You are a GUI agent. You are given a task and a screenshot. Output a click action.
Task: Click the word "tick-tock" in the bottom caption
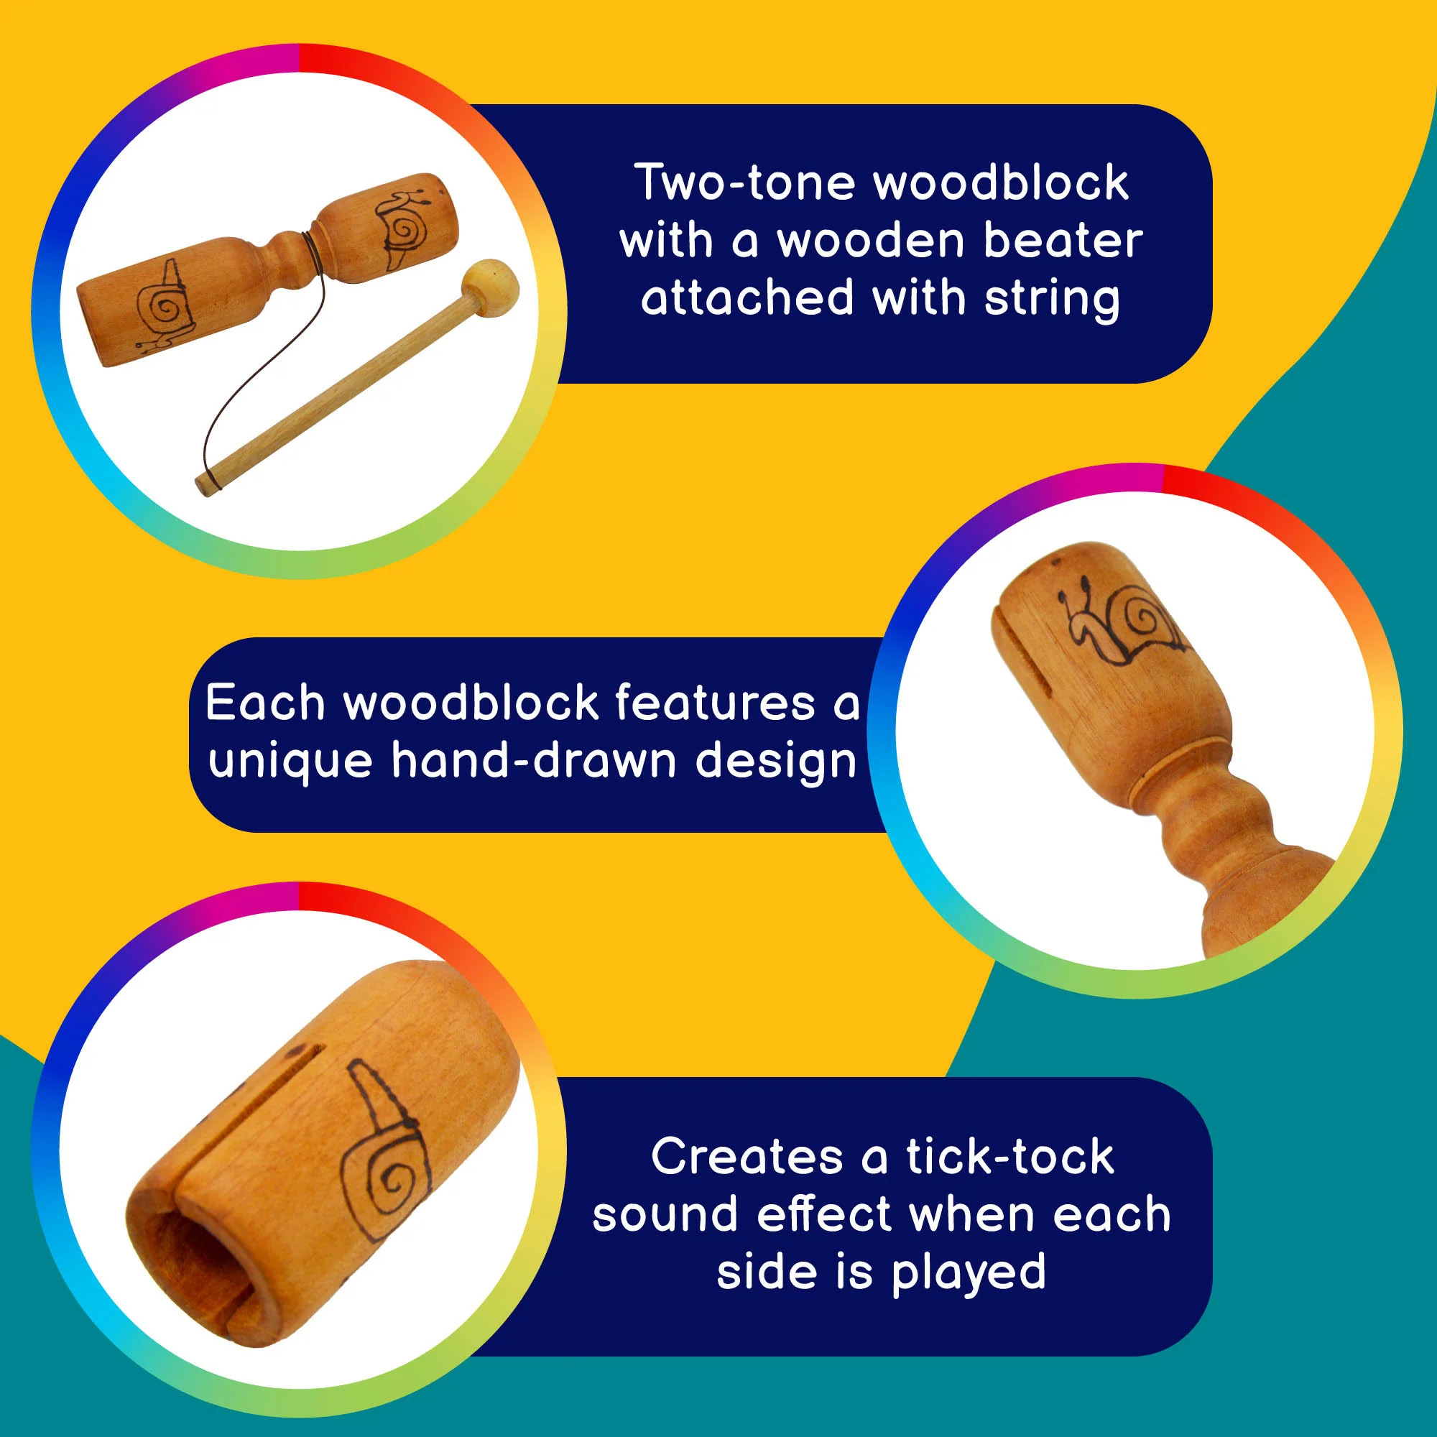tap(1009, 1158)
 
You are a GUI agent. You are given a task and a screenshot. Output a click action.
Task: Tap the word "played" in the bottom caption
tap(969, 1273)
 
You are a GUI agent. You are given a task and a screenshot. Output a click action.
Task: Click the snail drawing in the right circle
tap(1121, 623)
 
